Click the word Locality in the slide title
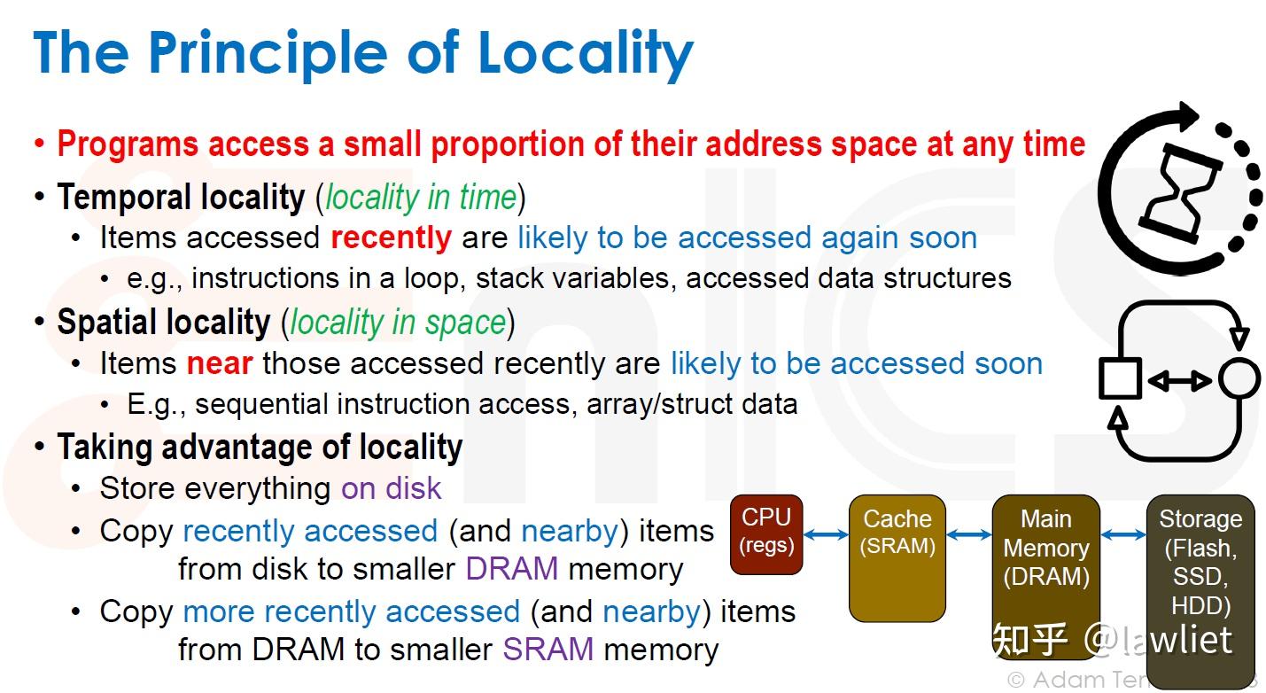(x=586, y=53)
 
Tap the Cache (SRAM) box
(x=897, y=557)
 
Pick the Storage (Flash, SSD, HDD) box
(x=1200, y=576)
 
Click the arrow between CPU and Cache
(x=826, y=533)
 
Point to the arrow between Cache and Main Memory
(x=969, y=534)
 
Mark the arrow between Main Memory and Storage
(x=1123, y=534)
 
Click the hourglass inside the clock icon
(x=1176, y=196)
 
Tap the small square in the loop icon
(x=1121, y=379)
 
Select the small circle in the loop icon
(x=1239, y=379)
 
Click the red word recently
(x=391, y=237)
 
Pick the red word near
(x=220, y=363)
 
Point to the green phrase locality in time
(x=420, y=197)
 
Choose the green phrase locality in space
(x=398, y=323)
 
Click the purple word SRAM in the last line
(x=548, y=650)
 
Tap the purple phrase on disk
(x=391, y=488)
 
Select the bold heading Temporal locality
(x=181, y=197)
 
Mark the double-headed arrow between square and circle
(x=1179, y=381)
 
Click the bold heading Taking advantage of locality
(x=260, y=448)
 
